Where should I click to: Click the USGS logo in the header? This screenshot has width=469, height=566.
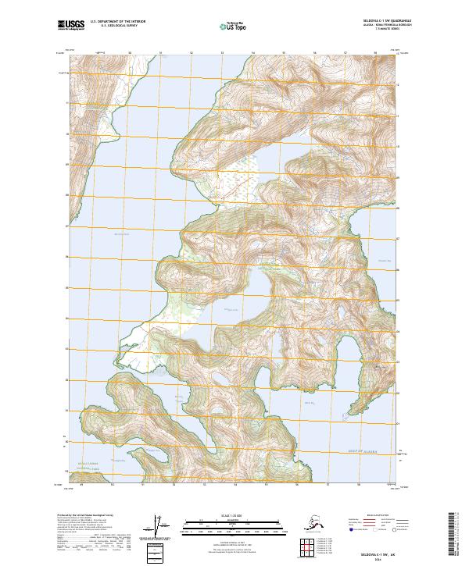click(71, 26)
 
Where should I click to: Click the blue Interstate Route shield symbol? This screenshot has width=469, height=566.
click(352, 530)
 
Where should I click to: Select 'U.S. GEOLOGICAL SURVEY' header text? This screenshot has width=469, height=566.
click(113, 27)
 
